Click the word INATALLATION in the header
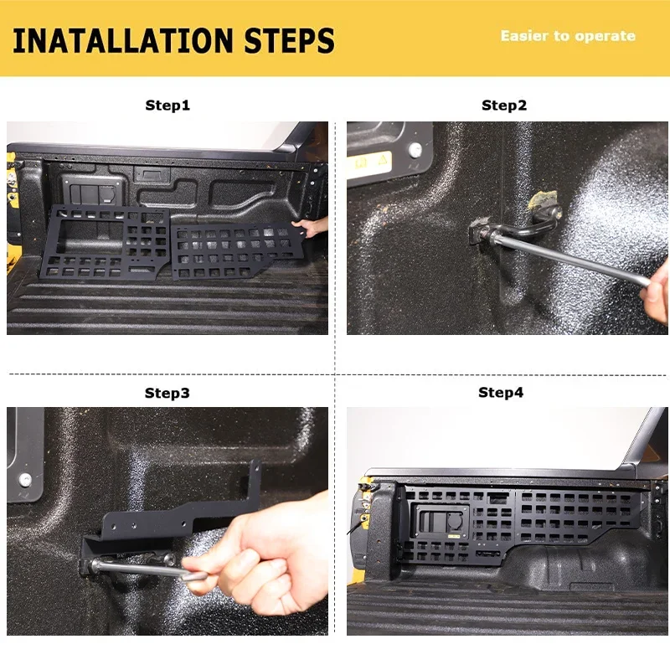pyautogui.click(x=122, y=40)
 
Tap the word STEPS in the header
pyautogui.click(x=289, y=40)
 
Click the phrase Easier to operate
pyautogui.click(x=568, y=36)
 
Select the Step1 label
pyautogui.click(x=167, y=106)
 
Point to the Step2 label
pyautogui.click(x=504, y=106)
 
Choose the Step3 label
pyautogui.click(x=167, y=393)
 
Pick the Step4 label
pyautogui.click(x=501, y=392)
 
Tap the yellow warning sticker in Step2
pyautogui.click(x=369, y=162)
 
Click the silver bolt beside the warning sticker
pyautogui.click(x=415, y=150)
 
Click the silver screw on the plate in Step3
pyautogui.click(x=25, y=480)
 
